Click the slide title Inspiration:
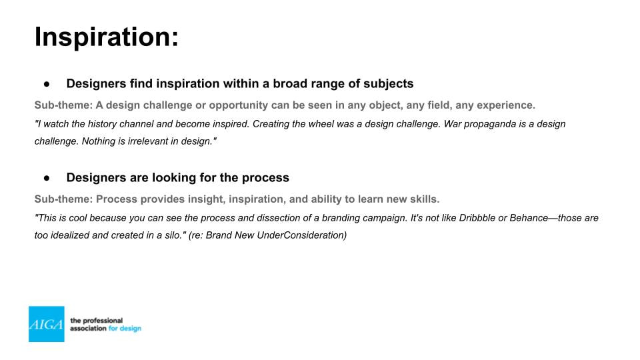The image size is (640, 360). (x=107, y=37)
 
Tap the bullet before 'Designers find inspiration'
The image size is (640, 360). (x=47, y=84)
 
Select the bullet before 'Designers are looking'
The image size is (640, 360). (x=47, y=178)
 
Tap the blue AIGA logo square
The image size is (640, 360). (x=47, y=324)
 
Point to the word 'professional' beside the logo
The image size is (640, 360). (x=103, y=321)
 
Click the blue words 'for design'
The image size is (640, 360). (x=125, y=329)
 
